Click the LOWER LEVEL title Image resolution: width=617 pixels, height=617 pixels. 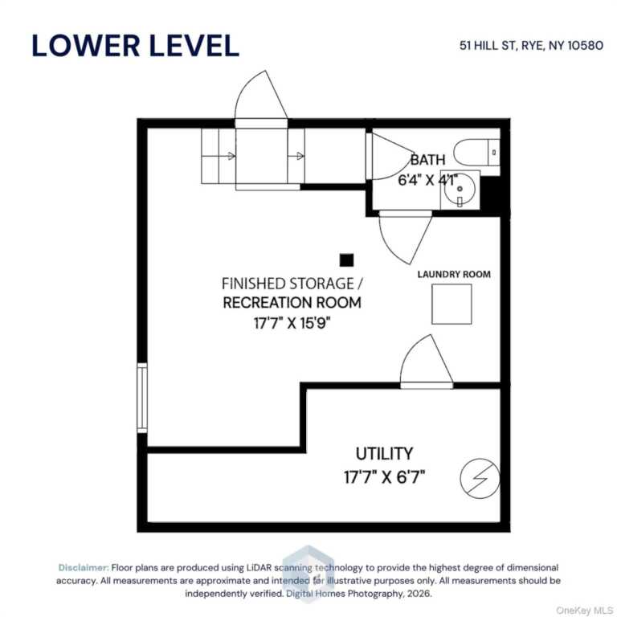(135, 46)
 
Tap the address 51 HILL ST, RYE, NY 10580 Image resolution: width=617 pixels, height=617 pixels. (531, 45)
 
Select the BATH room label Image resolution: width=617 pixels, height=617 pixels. (427, 160)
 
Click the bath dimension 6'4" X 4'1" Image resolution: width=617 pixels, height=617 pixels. (427, 180)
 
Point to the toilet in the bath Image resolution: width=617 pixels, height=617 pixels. (476, 152)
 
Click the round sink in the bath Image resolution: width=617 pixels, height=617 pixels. (460, 190)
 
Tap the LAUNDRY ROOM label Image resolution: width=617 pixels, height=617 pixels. (454, 274)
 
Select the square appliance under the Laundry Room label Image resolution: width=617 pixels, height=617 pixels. (452, 304)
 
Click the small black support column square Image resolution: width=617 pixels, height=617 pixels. (347, 260)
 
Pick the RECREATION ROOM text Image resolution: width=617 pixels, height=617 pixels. (292, 303)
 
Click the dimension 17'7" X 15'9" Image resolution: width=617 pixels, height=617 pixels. (292, 323)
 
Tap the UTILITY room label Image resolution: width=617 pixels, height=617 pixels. (385, 454)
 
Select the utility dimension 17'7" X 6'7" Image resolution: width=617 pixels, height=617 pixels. (385, 477)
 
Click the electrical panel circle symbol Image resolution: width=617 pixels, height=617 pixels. (480, 478)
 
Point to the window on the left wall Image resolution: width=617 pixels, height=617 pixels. (142, 398)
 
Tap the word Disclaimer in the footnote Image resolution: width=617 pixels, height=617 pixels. (84, 567)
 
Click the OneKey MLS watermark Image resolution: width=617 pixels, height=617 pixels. (584, 611)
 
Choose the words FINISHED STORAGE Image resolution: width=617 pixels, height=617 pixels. (288, 284)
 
